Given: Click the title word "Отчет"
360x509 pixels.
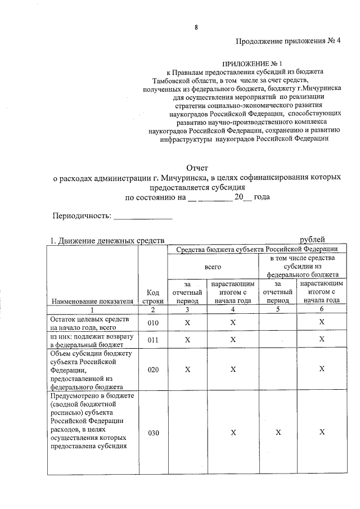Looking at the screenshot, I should (197, 167).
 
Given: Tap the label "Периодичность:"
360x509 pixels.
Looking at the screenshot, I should (82, 216).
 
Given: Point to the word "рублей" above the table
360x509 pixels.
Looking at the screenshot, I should (312, 240).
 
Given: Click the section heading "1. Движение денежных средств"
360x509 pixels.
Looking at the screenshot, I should (107, 241).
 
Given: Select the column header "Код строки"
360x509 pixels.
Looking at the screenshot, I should (153, 296).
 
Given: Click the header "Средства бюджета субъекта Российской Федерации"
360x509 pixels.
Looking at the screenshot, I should (257, 249).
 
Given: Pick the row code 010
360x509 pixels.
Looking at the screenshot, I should (153, 323).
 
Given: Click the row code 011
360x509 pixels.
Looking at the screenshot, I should (153, 340).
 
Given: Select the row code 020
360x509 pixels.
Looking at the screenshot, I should (153, 370).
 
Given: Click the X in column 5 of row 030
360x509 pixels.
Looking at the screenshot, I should (278, 433).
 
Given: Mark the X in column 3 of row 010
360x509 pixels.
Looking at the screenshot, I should (187, 323).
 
